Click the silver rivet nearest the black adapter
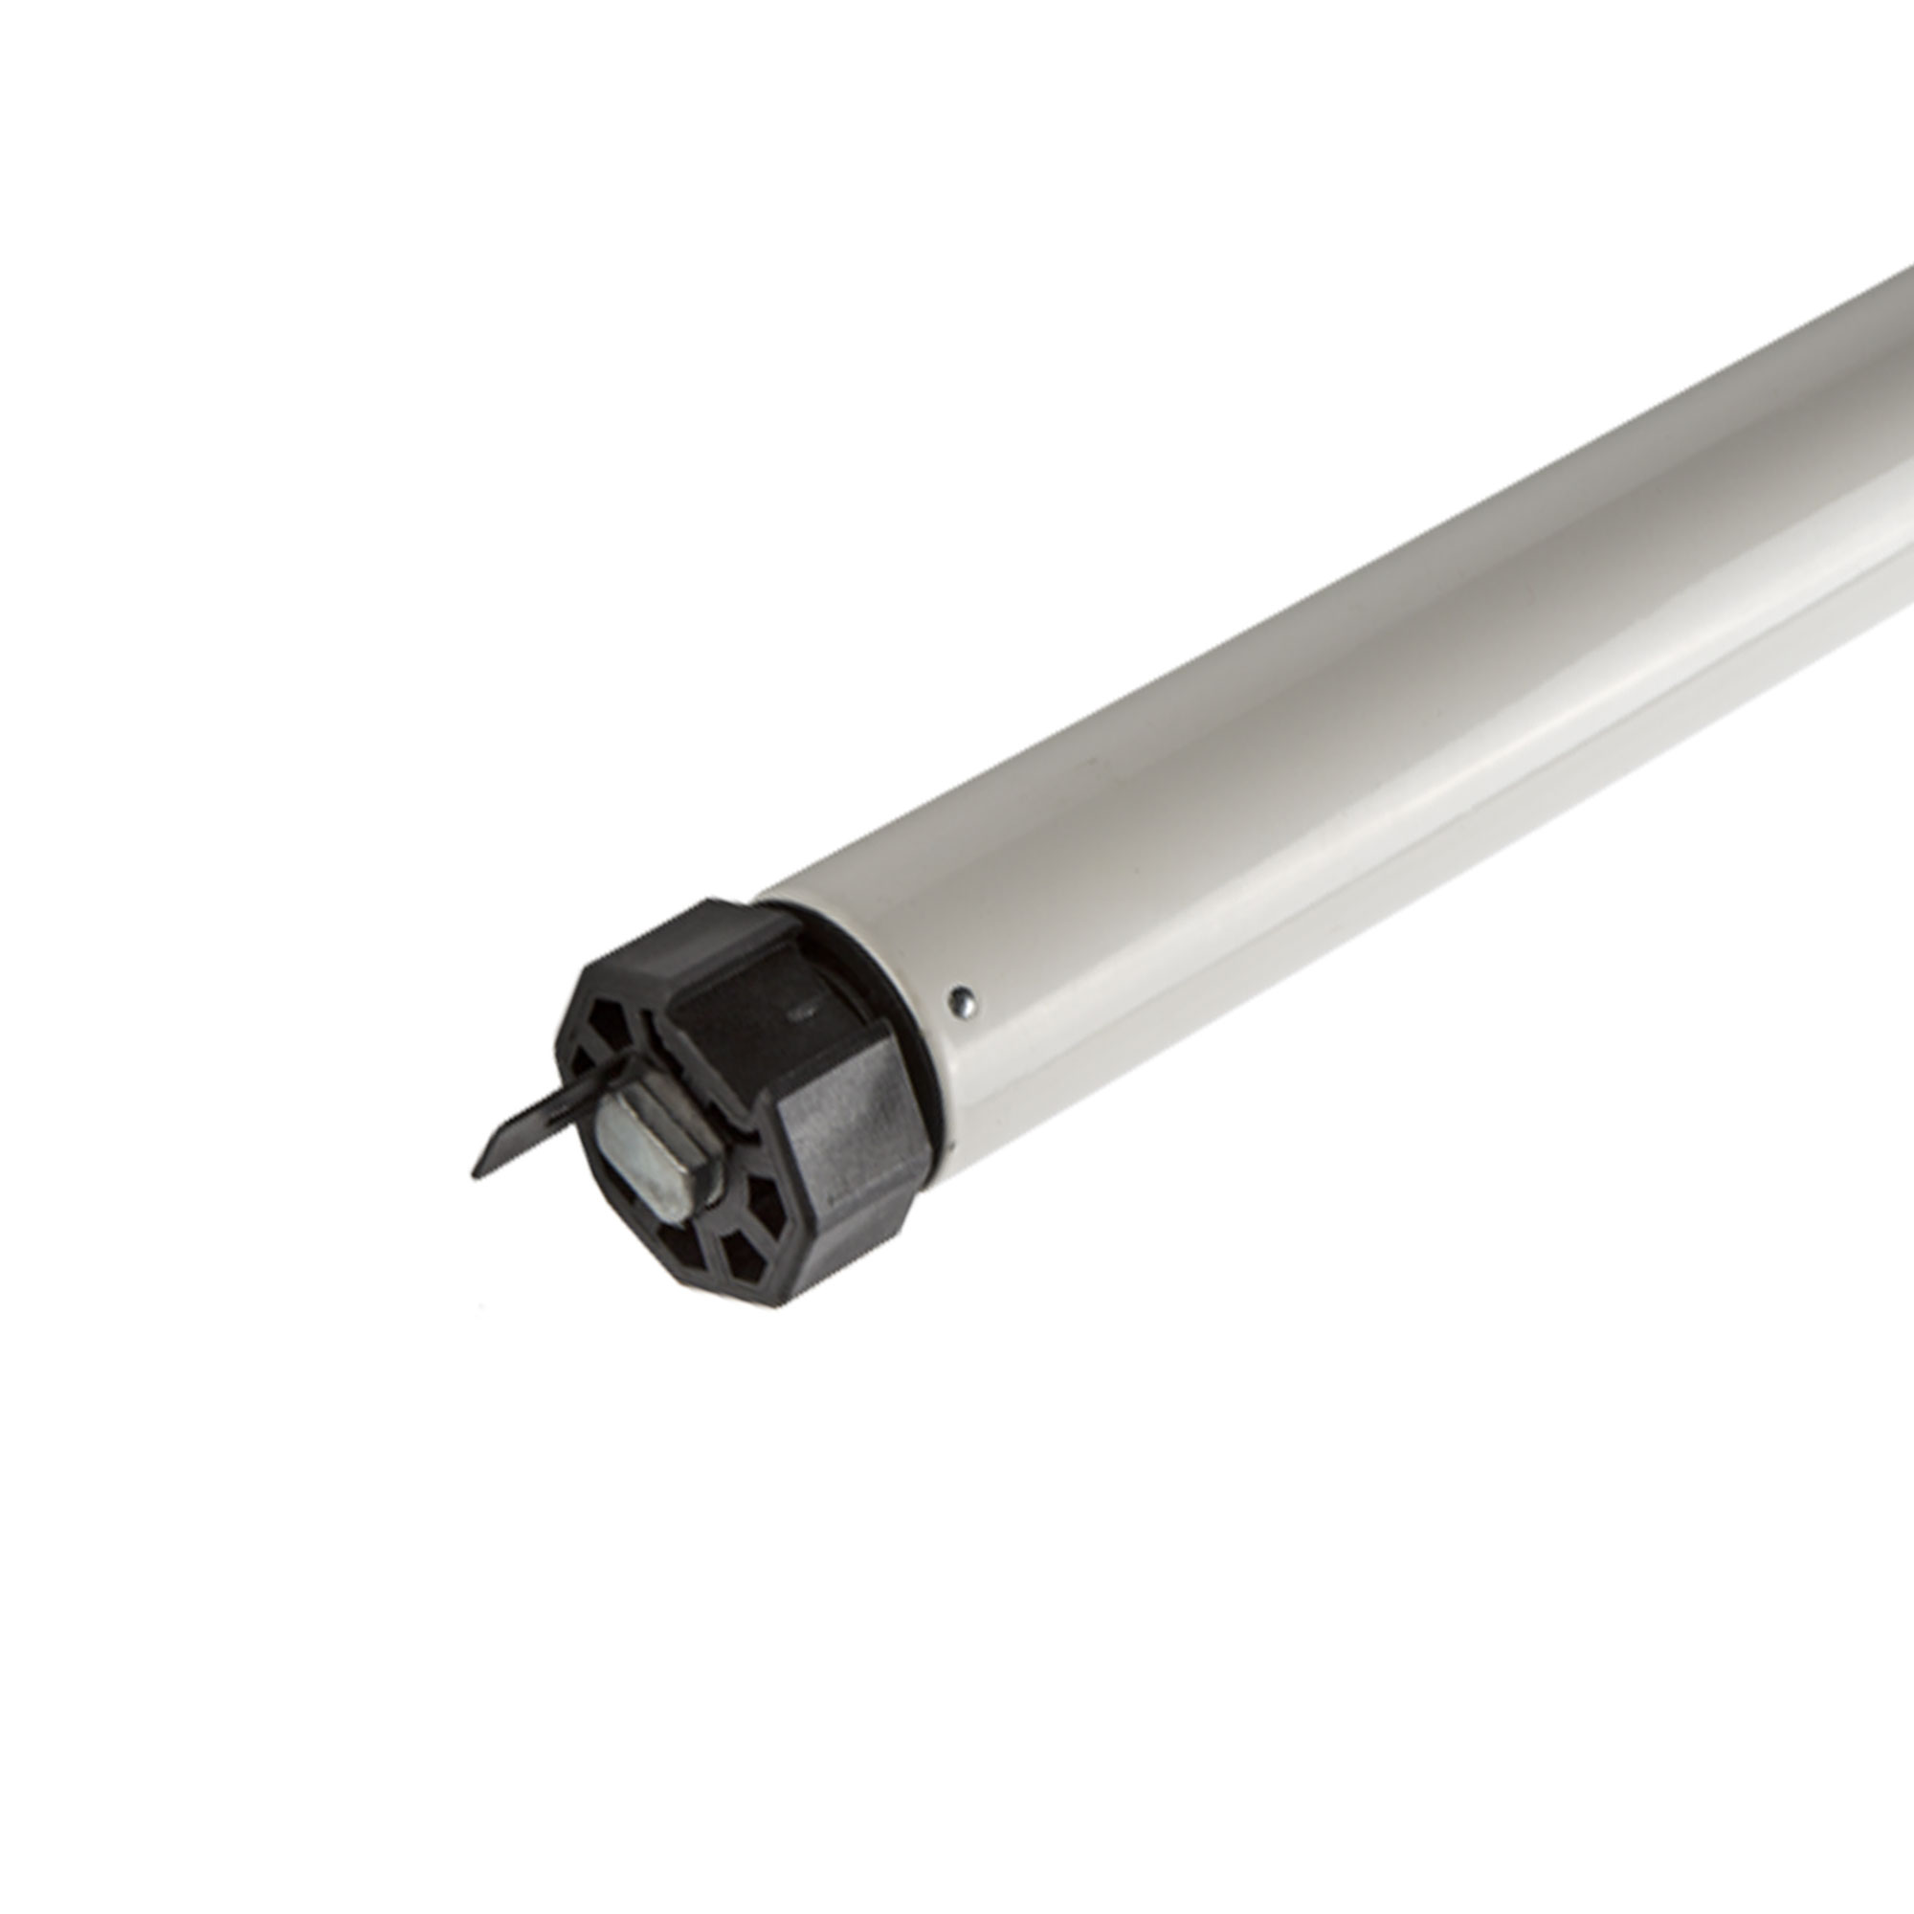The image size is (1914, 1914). click(961, 1003)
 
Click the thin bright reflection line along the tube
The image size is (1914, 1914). click(1387, 792)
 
